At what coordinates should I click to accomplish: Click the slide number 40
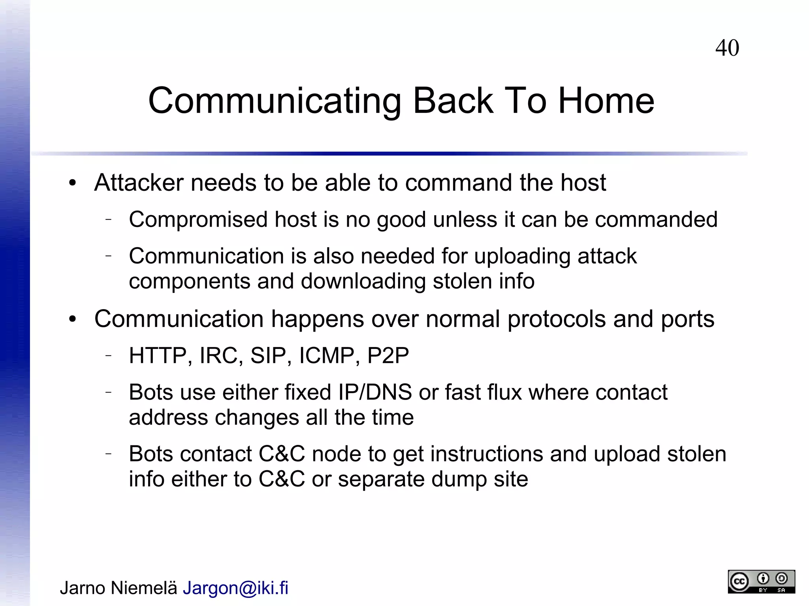(727, 48)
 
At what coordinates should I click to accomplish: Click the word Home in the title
(606, 101)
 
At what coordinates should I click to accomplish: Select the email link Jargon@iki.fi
(235, 588)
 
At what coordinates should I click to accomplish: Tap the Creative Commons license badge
(761, 582)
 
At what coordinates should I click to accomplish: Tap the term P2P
(388, 356)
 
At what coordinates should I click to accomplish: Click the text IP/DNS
(375, 392)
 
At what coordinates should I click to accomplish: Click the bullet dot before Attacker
(72, 183)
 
